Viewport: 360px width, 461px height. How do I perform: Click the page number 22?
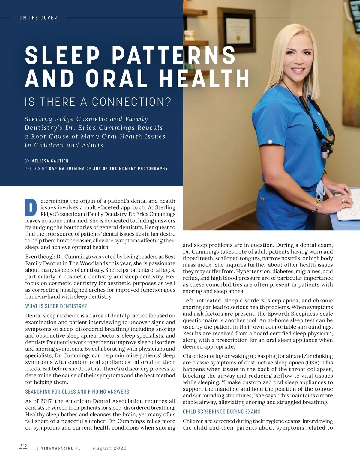pyautogui.click(x=23, y=447)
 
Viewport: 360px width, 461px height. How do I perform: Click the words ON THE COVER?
pyautogui.click(x=38, y=18)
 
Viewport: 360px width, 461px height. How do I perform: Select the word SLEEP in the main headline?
pyautogui.click(x=62, y=55)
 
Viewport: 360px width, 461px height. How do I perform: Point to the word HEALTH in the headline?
pyautogui.click(x=204, y=79)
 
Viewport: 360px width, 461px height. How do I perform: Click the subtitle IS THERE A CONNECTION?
pyautogui.click(x=98, y=102)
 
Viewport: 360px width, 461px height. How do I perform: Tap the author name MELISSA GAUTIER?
pyautogui.click(x=50, y=161)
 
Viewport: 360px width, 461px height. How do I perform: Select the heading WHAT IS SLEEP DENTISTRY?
pyautogui.click(x=56, y=306)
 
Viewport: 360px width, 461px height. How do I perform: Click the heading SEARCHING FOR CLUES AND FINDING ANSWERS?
pyautogui.click(x=77, y=391)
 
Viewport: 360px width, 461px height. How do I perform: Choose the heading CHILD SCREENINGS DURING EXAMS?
pyautogui.click(x=222, y=412)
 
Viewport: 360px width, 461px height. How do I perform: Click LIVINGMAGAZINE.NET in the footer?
pyautogui.click(x=60, y=448)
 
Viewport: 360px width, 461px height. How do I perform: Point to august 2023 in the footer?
pyautogui.click(x=110, y=448)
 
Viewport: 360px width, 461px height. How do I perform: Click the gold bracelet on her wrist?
pyautogui.click(x=316, y=206)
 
